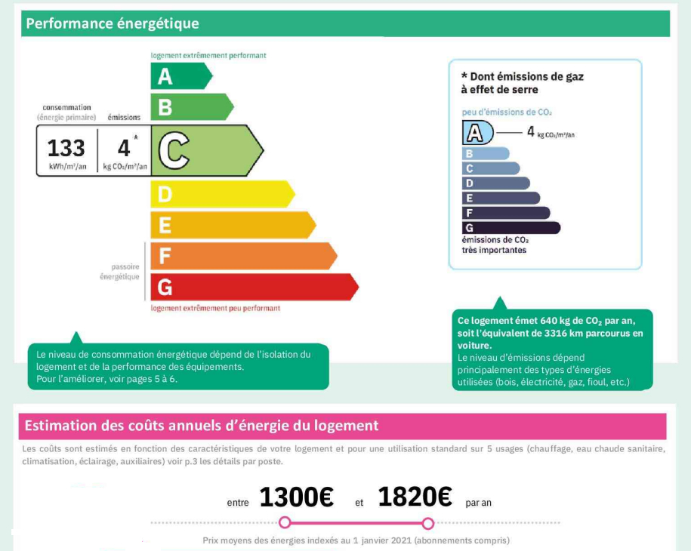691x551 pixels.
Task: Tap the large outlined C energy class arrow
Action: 204,150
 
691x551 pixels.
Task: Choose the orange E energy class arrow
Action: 231,225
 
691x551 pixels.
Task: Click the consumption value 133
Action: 66,147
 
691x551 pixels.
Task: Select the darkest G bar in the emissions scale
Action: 510,228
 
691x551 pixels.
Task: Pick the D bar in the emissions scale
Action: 495,183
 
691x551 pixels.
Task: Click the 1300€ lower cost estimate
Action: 296,497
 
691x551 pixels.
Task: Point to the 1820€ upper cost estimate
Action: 415,497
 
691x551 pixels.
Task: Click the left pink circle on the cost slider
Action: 285,522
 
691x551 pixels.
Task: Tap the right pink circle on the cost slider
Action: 428,523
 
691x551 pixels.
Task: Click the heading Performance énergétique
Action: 113,23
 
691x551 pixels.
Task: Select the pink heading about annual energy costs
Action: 202,426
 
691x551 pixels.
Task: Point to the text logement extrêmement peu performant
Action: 215,308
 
